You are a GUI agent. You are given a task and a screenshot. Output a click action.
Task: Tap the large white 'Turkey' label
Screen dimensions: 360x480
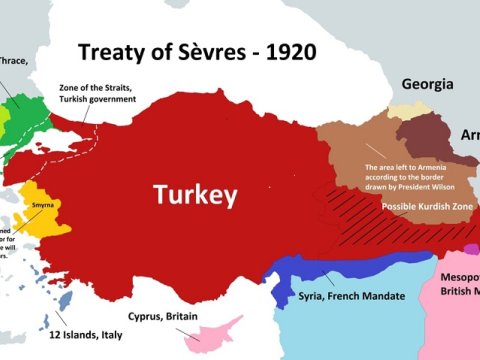pyautogui.click(x=194, y=194)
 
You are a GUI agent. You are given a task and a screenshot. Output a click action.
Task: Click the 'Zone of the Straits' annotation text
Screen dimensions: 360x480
pyautogui.click(x=126, y=97)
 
